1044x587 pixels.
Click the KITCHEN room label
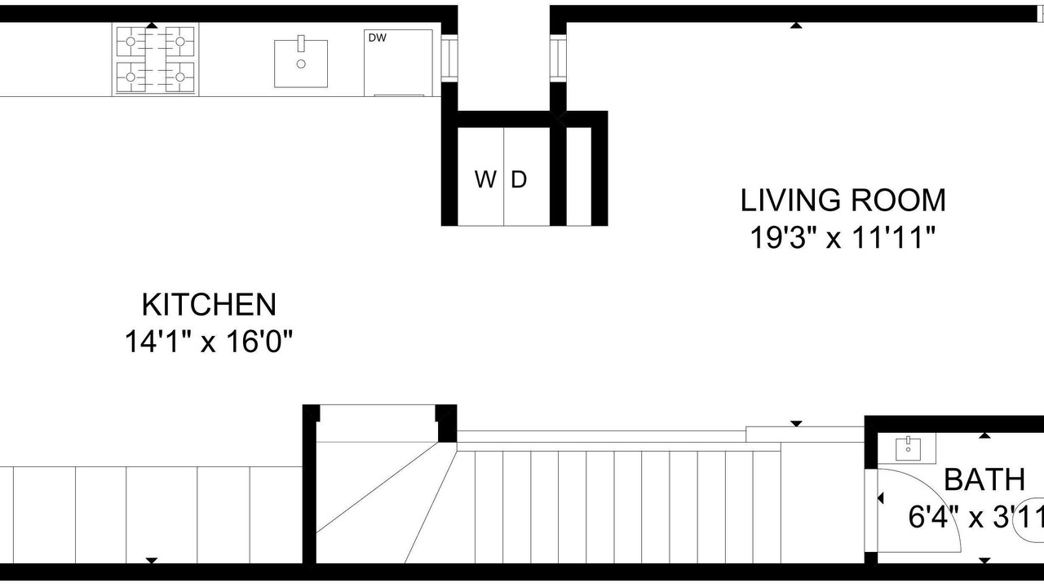[x=209, y=305]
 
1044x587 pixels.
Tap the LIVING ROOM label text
[x=843, y=201]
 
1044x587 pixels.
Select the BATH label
[x=984, y=479]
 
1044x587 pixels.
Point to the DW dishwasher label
[x=377, y=38]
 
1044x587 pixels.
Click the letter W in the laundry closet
[x=485, y=179]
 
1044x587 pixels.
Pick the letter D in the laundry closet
[x=519, y=179]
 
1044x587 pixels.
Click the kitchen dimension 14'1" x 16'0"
[x=208, y=342]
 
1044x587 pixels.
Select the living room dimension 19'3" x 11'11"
[x=843, y=237]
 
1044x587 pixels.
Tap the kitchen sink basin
[x=301, y=64]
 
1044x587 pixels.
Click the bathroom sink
[x=908, y=448]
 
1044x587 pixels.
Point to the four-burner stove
[x=155, y=60]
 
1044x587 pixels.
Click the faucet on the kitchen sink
[x=301, y=43]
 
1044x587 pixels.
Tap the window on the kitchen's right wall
[x=449, y=59]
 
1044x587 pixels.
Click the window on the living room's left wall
[x=558, y=59]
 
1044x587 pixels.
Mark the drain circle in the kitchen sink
[x=301, y=64]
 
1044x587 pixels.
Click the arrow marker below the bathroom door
[x=984, y=560]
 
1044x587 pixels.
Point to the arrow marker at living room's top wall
[x=796, y=25]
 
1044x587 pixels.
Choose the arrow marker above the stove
[x=152, y=25]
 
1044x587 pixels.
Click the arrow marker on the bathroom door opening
[x=880, y=498]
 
